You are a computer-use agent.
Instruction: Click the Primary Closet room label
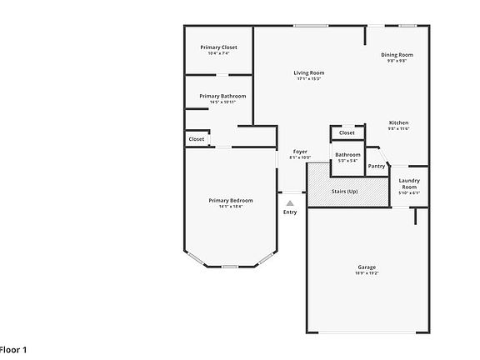tap(218, 47)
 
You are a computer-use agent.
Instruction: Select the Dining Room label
tap(397, 55)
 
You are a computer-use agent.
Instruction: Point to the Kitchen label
tap(398, 122)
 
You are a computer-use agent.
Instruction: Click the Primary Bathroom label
tap(217, 96)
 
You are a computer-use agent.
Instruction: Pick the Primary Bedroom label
tap(230, 200)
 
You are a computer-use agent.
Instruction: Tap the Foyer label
tap(300, 152)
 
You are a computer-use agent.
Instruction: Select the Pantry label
tap(377, 166)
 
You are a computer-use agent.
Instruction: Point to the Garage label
tap(367, 267)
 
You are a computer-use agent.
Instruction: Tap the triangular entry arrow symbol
tap(290, 202)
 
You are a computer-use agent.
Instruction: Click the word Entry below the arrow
tap(290, 212)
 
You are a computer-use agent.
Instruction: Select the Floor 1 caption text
tap(13, 350)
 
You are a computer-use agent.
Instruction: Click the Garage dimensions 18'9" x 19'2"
tap(367, 272)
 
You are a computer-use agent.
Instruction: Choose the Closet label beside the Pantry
tap(347, 132)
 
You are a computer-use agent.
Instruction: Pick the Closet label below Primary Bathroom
tap(196, 139)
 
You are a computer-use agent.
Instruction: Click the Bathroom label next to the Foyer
tap(347, 154)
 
